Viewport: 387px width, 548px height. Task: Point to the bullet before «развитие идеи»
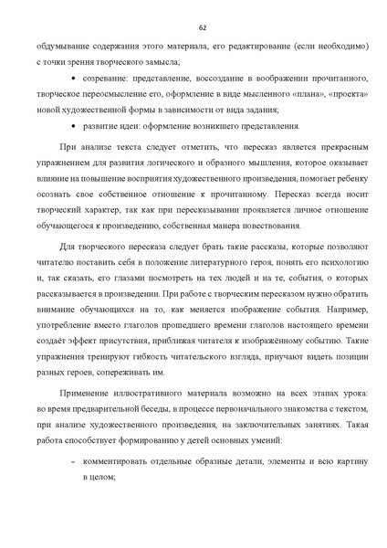tap(74, 126)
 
